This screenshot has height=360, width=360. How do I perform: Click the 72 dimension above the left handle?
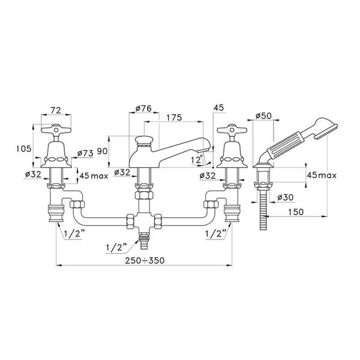click(x=56, y=110)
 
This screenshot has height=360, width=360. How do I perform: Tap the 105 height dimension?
click(x=23, y=149)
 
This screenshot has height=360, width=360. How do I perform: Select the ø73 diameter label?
click(x=85, y=153)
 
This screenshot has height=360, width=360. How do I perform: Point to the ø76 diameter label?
click(x=143, y=108)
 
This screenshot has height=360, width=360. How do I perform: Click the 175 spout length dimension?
click(x=174, y=118)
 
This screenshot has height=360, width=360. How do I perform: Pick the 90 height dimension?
click(x=103, y=151)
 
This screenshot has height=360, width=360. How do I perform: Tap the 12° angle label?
click(x=197, y=159)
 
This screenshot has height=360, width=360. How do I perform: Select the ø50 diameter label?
click(x=263, y=116)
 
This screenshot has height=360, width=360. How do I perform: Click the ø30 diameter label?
click(x=285, y=197)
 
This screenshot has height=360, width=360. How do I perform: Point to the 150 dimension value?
click(x=296, y=212)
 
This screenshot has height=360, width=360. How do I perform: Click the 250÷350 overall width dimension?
click(x=145, y=260)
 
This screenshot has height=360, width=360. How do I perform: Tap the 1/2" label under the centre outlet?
click(x=116, y=247)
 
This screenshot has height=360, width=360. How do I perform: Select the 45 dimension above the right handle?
click(x=218, y=107)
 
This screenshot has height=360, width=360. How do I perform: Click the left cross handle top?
click(x=56, y=130)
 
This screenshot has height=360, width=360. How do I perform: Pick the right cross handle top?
click(x=232, y=130)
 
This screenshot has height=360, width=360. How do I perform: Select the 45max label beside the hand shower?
click(x=322, y=175)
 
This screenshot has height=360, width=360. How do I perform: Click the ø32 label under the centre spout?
click(x=122, y=172)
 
